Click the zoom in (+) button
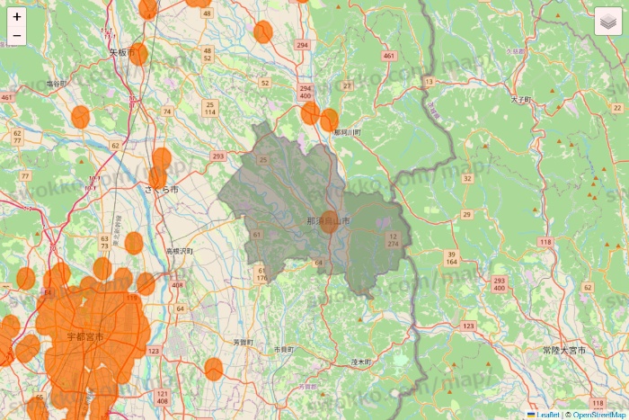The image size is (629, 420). point(17,16)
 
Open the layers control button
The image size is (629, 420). point(608,22)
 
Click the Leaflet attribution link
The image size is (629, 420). point(547,415)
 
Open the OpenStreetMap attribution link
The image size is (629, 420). point(598,415)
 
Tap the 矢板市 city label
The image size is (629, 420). point(121,53)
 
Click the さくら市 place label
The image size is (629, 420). point(162,191)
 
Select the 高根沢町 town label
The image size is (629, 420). point(179,252)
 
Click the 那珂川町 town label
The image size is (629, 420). point(346,132)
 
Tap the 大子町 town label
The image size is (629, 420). point(521,99)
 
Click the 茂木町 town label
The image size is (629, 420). point(360,361)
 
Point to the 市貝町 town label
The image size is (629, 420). point(284,349)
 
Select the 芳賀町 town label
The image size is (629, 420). point(243,343)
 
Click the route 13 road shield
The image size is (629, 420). point(429,82)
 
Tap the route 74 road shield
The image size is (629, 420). point(167,112)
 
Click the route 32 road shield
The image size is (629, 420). point(467,178)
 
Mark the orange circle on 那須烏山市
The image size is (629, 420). point(330,222)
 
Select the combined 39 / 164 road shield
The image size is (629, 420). point(451,259)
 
